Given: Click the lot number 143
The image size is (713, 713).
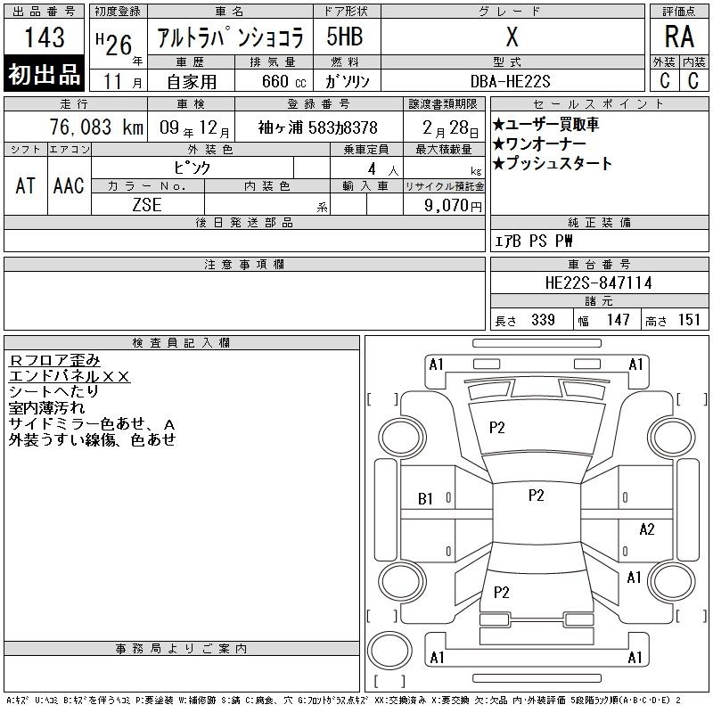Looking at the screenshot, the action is click(x=44, y=37).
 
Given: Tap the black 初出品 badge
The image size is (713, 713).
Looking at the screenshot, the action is click(x=44, y=74).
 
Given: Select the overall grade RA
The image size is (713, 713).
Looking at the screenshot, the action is click(x=679, y=37).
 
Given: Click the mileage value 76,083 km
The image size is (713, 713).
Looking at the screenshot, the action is click(x=96, y=127).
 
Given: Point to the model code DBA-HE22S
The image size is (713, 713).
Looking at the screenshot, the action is click(x=510, y=82).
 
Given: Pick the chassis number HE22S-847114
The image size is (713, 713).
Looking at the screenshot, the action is click(x=598, y=283).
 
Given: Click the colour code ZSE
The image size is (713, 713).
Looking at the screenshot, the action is click(x=147, y=205).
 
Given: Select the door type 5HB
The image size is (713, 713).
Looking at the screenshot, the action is click(x=345, y=37).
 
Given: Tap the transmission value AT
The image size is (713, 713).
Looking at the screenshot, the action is click(x=26, y=185).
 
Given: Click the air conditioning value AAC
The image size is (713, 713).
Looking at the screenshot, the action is click(x=70, y=185).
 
